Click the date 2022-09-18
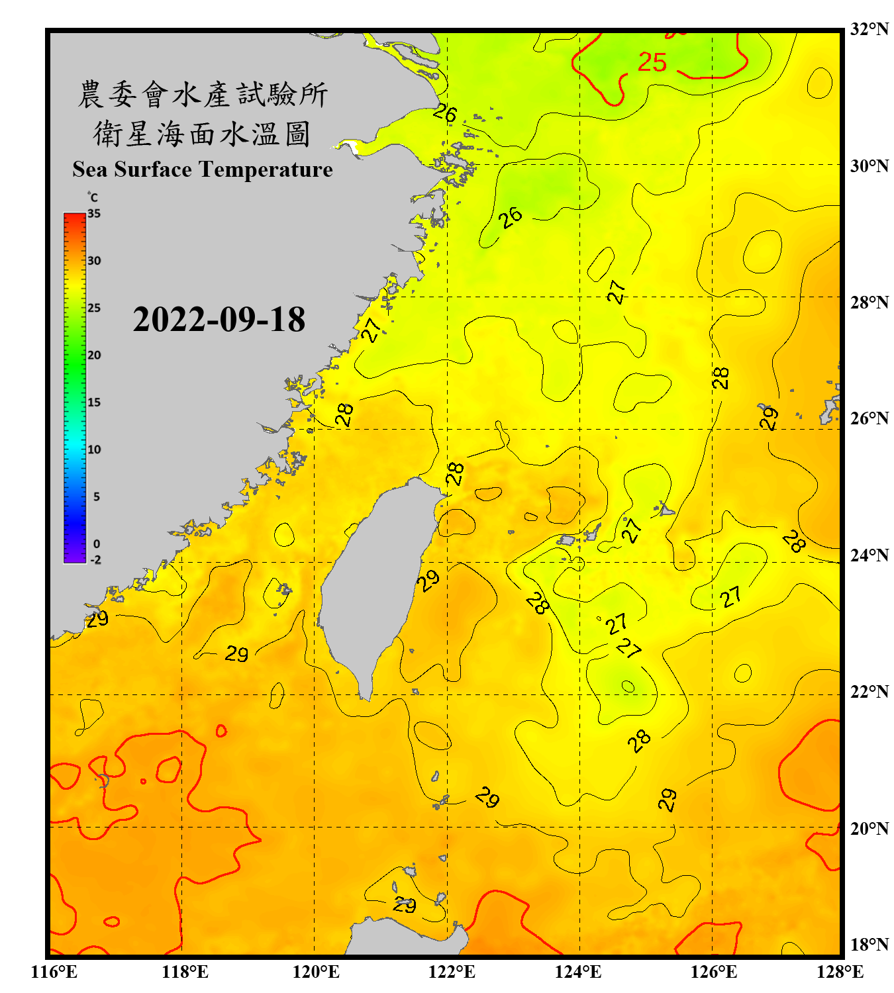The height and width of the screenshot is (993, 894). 219,320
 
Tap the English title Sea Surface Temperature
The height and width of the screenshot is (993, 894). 203,169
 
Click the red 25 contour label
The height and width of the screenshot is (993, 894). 652,63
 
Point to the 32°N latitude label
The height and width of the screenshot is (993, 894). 869,29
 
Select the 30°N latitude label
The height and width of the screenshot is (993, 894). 869,165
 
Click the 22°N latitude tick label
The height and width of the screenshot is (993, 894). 869,692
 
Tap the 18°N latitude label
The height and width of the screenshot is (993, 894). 869,945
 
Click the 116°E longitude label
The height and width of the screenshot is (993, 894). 54,972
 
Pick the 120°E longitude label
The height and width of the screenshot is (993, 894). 316,972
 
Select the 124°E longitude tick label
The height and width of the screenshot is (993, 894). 578,972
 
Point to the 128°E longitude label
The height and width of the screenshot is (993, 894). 840,972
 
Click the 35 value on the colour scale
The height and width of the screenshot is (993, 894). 94,214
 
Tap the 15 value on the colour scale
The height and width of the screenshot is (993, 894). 94,402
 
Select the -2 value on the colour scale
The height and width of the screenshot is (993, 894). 95,560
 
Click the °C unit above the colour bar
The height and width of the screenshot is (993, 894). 93,197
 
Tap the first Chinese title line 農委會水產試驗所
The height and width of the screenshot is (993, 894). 203,95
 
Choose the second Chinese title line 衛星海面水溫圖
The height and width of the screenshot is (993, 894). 203,134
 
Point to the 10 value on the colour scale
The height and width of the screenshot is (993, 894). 94,449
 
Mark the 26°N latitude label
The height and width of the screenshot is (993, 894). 869,418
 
